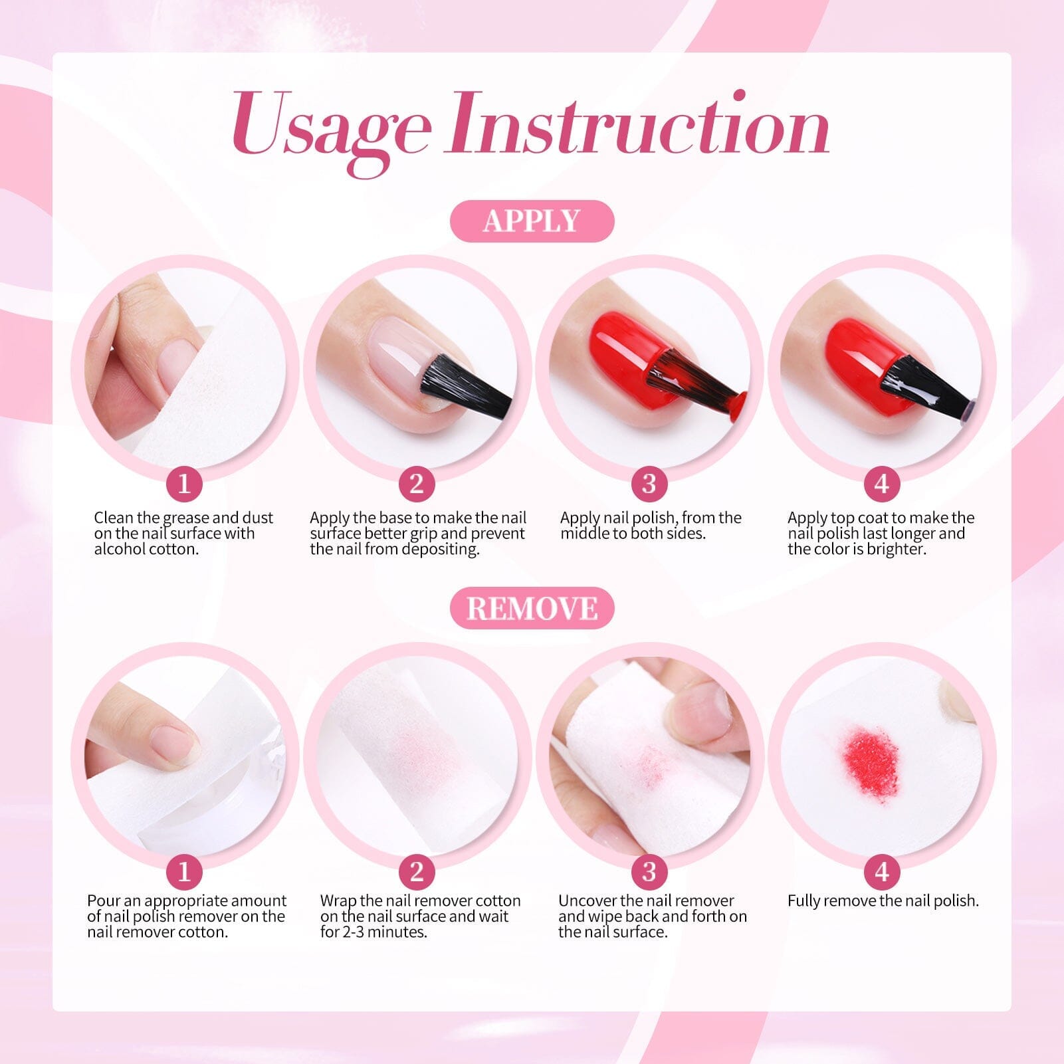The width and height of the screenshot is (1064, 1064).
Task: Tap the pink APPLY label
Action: pyautogui.click(x=532, y=221)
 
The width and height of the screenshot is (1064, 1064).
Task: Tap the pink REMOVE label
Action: pyautogui.click(x=532, y=608)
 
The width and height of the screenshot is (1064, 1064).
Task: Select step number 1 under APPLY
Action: pyautogui.click(x=184, y=484)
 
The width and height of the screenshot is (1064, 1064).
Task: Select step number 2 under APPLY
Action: pyautogui.click(x=417, y=484)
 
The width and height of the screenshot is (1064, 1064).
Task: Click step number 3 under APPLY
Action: pyautogui.click(x=649, y=484)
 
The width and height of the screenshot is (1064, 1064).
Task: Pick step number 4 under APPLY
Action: pyautogui.click(x=882, y=484)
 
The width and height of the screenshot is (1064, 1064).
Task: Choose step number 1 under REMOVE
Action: pyautogui.click(x=184, y=871)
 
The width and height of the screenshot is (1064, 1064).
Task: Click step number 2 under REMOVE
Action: pyautogui.click(x=417, y=871)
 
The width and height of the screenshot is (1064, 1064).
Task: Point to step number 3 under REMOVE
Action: pyautogui.click(x=649, y=871)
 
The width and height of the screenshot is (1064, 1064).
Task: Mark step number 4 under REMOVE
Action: pyautogui.click(x=882, y=871)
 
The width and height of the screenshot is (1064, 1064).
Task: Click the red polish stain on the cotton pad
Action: pyautogui.click(x=869, y=756)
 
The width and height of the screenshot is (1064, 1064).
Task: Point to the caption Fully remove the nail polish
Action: pyautogui.click(x=883, y=901)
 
